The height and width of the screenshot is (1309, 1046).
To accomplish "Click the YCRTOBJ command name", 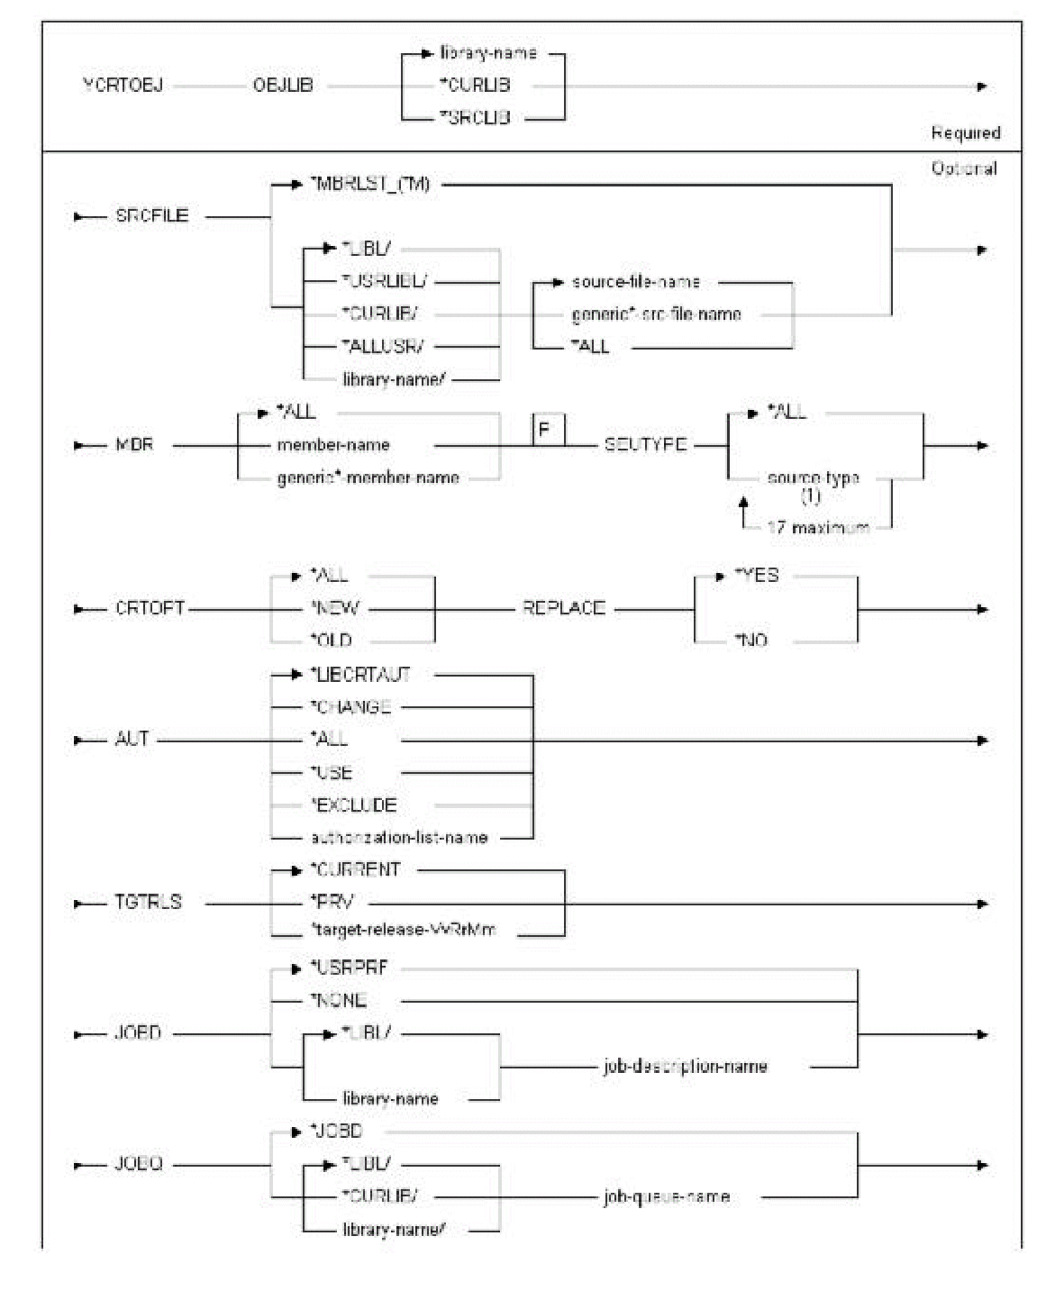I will (x=123, y=86).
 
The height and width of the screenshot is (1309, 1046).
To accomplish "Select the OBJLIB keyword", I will (x=282, y=86).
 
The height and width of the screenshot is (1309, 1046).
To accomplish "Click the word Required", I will (x=965, y=133).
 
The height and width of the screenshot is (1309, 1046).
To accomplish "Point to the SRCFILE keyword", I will (x=151, y=216).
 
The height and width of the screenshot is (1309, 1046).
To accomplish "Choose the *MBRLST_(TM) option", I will (x=370, y=185).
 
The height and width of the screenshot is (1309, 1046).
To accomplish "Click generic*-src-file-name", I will (x=656, y=314).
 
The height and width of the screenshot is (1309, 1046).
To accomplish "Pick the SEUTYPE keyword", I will (x=645, y=444).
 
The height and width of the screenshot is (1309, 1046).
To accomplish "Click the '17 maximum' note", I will (x=817, y=527).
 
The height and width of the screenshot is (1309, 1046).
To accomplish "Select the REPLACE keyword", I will (x=563, y=608).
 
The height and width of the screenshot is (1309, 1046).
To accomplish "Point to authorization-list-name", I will (x=399, y=838).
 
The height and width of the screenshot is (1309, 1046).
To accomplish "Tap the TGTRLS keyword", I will (x=148, y=903).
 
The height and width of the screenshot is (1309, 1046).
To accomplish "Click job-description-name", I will (x=685, y=1067).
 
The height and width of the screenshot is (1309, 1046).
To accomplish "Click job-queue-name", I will (x=666, y=1197).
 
